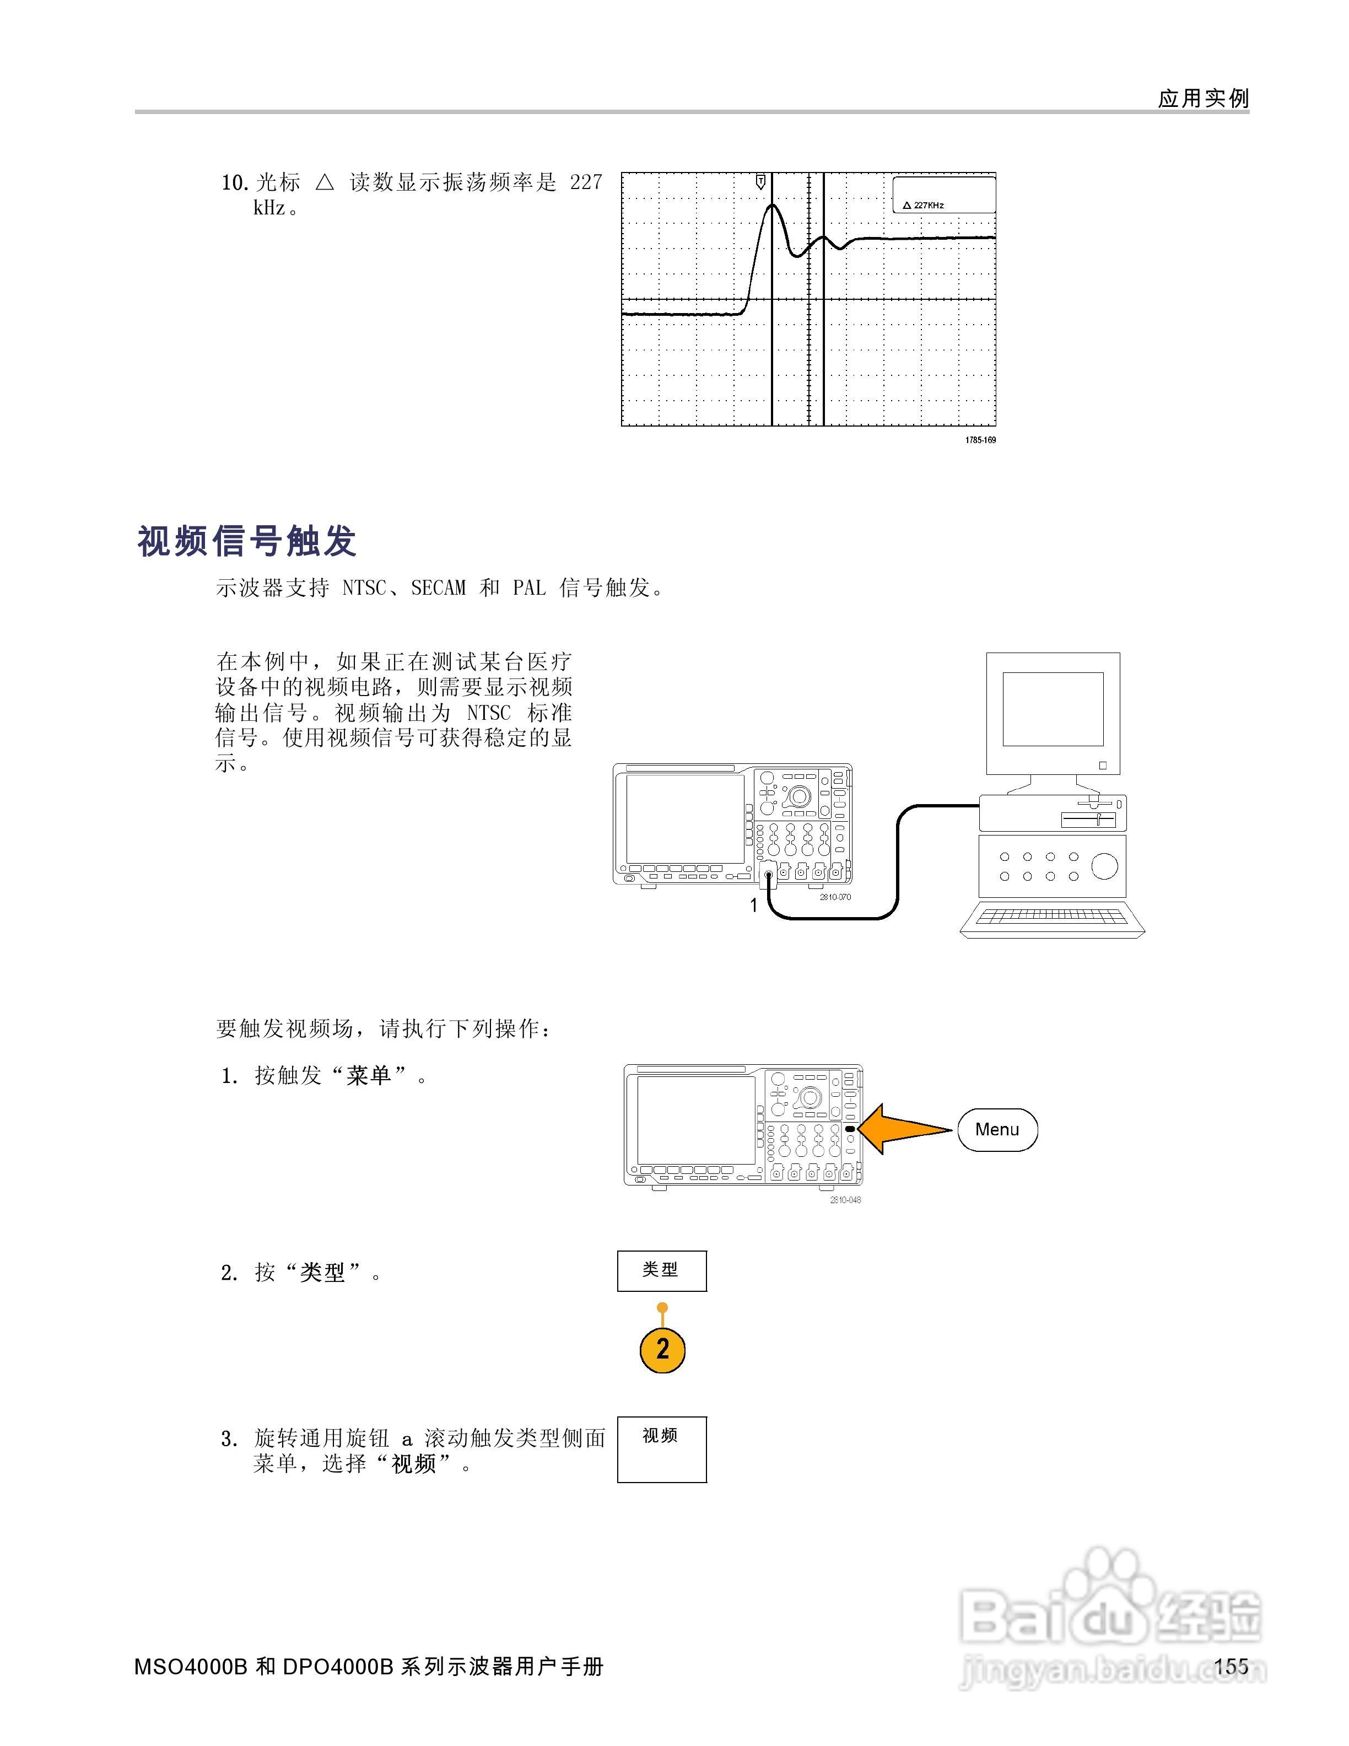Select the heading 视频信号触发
pos(247,541)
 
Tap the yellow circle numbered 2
pos(662,1350)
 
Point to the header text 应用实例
pos(1203,98)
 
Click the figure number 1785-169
pos(980,440)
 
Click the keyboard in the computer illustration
pos(1052,919)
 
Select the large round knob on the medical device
pos(1104,866)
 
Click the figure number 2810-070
pos(835,897)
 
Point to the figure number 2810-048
pos(845,1200)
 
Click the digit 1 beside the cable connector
pos(753,906)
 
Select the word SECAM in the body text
pos(438,589)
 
